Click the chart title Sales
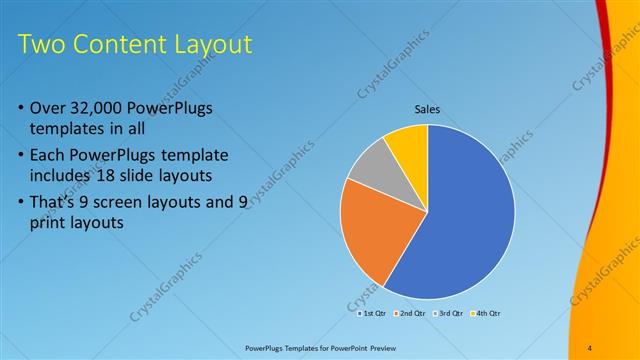tap(427, 109)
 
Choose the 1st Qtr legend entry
tap(375, 313)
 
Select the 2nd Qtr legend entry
tap(410, 313)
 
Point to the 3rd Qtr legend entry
tap(447, 313)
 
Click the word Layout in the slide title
tap(211, 44)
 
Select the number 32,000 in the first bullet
tap(106, 107)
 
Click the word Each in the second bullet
tap(51, 156)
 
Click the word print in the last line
tap(53, 224)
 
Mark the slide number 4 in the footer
tap(590, 347)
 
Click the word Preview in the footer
tap(388, 347)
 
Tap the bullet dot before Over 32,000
tap(22, 108)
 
